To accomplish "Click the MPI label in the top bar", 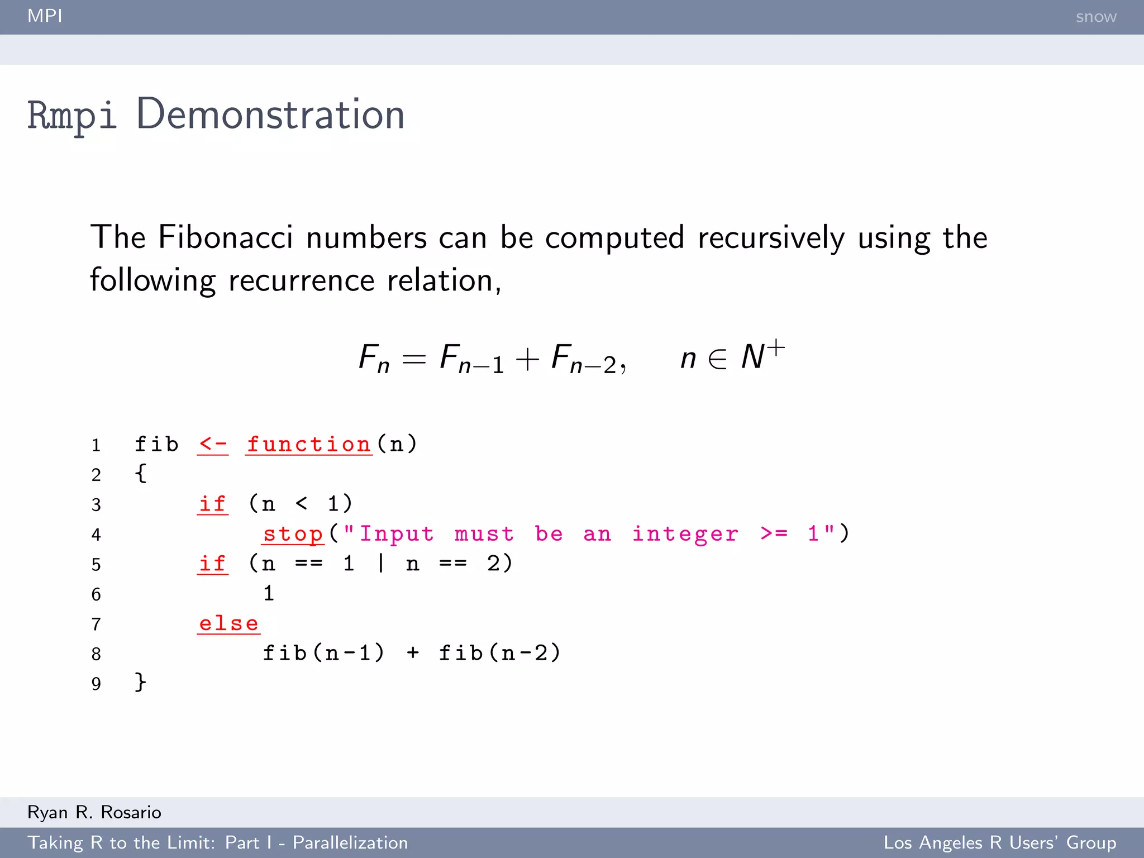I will pyautogui.click(x=45, y=16).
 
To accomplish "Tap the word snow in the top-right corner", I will pyautogui.click(x=1095, y=17).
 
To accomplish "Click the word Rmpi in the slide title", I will pyautogui.click(x=72, y=116).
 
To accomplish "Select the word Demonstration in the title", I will pyautogui.click(x=270, y=115).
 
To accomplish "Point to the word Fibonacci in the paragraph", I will pyautogui.click(x=225, y=237).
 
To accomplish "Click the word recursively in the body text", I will pyautogui.click(x=771, y=237).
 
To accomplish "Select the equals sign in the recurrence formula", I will pyautogui.click(x=414, y=359).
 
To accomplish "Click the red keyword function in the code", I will pyautogui.click(x=309, y=445).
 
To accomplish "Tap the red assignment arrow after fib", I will pyautogui.click(x=213, y=445).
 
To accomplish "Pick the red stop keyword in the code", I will pyautogui.click(x=293, y=534).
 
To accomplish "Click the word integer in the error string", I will pyautogui.click(x=685, y=534).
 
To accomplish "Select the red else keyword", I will pyautogui.click(x=229, y=623).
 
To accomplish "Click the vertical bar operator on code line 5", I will pyautogui.click(x=381, y=563).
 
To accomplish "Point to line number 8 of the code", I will pyautogui.click(x=96, y=654).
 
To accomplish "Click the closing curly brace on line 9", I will pyautogui.click(x=140, y=683).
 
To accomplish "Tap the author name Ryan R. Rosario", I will pyautogui.click(x=94, y=812).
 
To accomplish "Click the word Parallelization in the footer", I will pyautogui.click(x=350, y=842).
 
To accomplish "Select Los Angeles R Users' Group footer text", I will pyautogui.click(x=999, y=842).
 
